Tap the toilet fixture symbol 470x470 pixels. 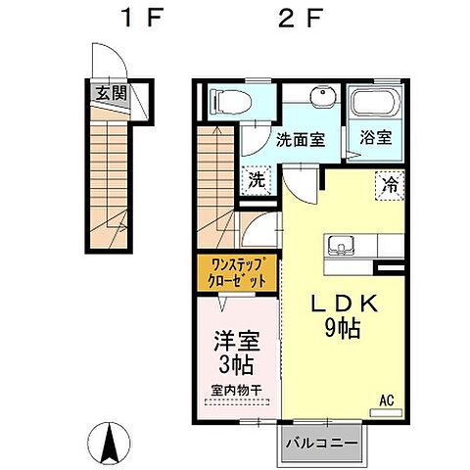coord(231,102)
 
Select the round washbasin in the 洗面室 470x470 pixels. coord(323,96)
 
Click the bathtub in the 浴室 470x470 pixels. coord(376,103)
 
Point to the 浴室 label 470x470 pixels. coord(376,137)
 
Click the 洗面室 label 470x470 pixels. coord(301,140)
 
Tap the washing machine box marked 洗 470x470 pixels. coord(257,180)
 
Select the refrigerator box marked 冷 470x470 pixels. coord(390,185)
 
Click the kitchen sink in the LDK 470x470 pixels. coord(341,246)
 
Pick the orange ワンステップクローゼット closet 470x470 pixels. coord(237,273)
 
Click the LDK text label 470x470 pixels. coord(344,304)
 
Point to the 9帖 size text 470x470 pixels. coord(342,328)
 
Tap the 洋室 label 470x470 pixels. coord(237,342)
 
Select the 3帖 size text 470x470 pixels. coord(236,364)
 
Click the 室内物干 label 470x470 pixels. coord(236,391)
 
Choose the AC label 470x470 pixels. coord(387,400)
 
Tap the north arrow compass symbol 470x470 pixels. coord(110,444)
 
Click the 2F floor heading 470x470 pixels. coord(301,18)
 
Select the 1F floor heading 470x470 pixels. coord(141,18)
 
